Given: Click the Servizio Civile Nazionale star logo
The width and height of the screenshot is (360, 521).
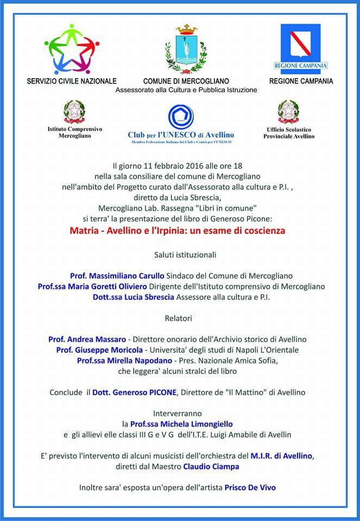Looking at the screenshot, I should (x=72, y=50).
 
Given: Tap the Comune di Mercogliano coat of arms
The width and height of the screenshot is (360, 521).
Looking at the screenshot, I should (x=186, y=49).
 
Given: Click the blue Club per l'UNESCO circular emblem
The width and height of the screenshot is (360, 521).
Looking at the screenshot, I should (x=181, y=117).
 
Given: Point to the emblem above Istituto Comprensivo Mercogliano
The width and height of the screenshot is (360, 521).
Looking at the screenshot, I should (x=74, y=112).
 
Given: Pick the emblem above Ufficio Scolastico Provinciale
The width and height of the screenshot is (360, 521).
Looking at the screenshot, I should (x=288, y=112).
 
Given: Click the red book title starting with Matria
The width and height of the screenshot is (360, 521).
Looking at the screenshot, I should (x=178, y=230).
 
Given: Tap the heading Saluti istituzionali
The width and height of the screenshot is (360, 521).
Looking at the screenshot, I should (x=180, y=254).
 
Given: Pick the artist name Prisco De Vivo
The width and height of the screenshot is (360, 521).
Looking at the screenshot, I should (x=250, y=487).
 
